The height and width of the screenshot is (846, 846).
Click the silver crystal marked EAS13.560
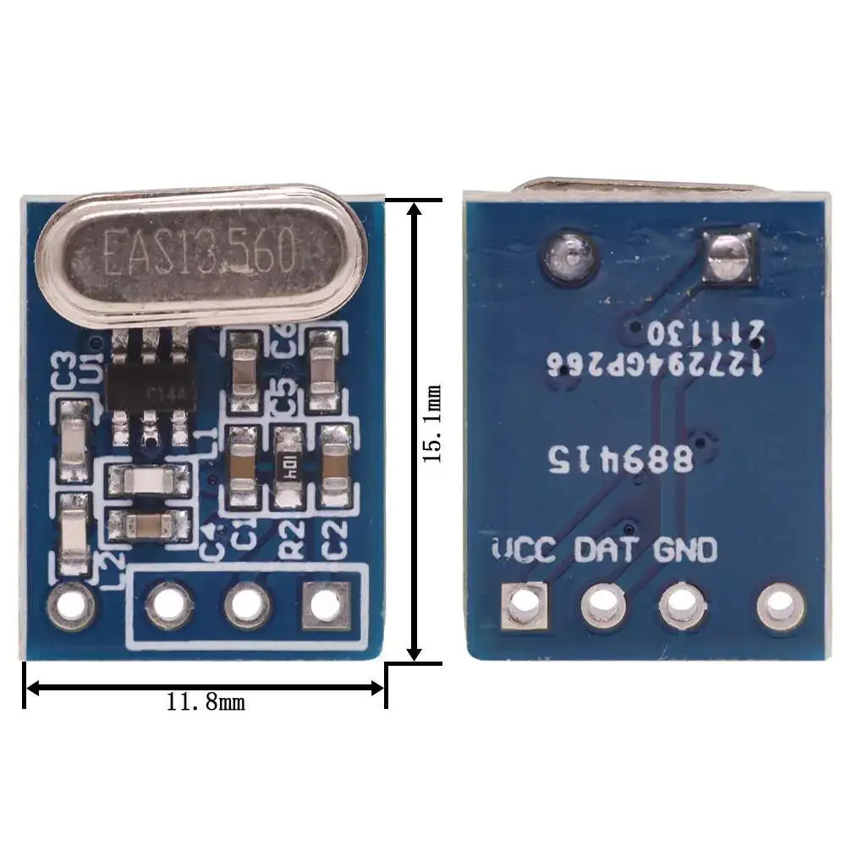(x=201, y=252)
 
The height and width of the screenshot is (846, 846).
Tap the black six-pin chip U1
(x=151, y=387)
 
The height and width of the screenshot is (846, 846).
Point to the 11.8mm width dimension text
(x=206, y=701)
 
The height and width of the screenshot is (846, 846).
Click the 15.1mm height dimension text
(x=433, y=423)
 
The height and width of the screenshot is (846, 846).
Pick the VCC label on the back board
(x=524, y=550)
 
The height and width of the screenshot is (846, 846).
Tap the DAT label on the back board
(x=606, y=550)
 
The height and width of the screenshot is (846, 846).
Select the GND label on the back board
(x=685, y=550)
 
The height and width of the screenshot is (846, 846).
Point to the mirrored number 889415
(x=622, y=459)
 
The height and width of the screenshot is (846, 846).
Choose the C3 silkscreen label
(x=64, y=372)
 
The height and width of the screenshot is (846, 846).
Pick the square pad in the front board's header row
(x=326, y=605)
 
